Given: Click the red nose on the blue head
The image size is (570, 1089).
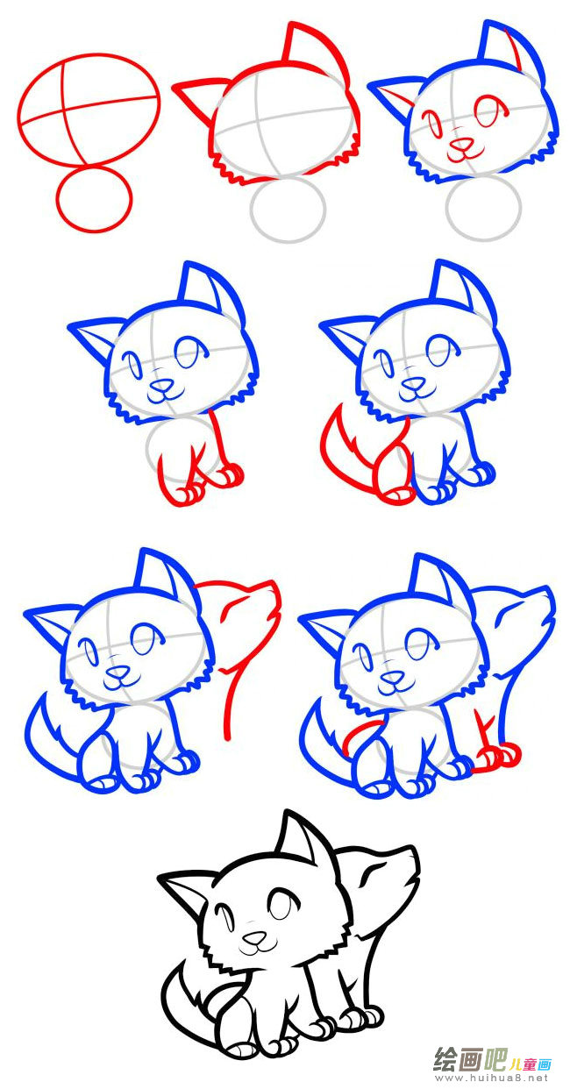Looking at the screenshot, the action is coord(461,144).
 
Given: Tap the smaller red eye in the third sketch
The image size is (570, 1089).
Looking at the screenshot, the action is coord(431,123).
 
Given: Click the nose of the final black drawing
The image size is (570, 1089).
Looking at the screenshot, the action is coord(254,936).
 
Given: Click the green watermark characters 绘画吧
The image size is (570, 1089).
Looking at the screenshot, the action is coord(470,1059).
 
